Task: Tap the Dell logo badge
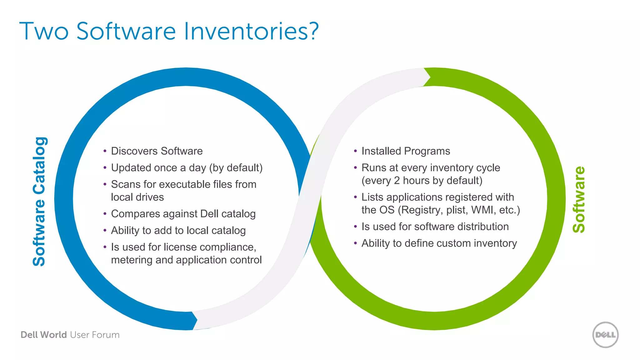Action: (605, 335)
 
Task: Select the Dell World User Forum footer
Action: (70, 335)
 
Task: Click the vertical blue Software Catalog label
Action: (39, 202)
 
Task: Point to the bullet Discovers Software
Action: (157, 151)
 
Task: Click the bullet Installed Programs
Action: (405, 151)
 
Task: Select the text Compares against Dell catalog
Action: (183, 214)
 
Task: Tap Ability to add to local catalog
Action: (178, 230)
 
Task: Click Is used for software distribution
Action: (435, 227)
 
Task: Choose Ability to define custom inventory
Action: (439, 243)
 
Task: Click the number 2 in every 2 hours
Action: (397, 181)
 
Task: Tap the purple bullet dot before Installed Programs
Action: (355, 151)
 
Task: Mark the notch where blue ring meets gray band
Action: (195, 320)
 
